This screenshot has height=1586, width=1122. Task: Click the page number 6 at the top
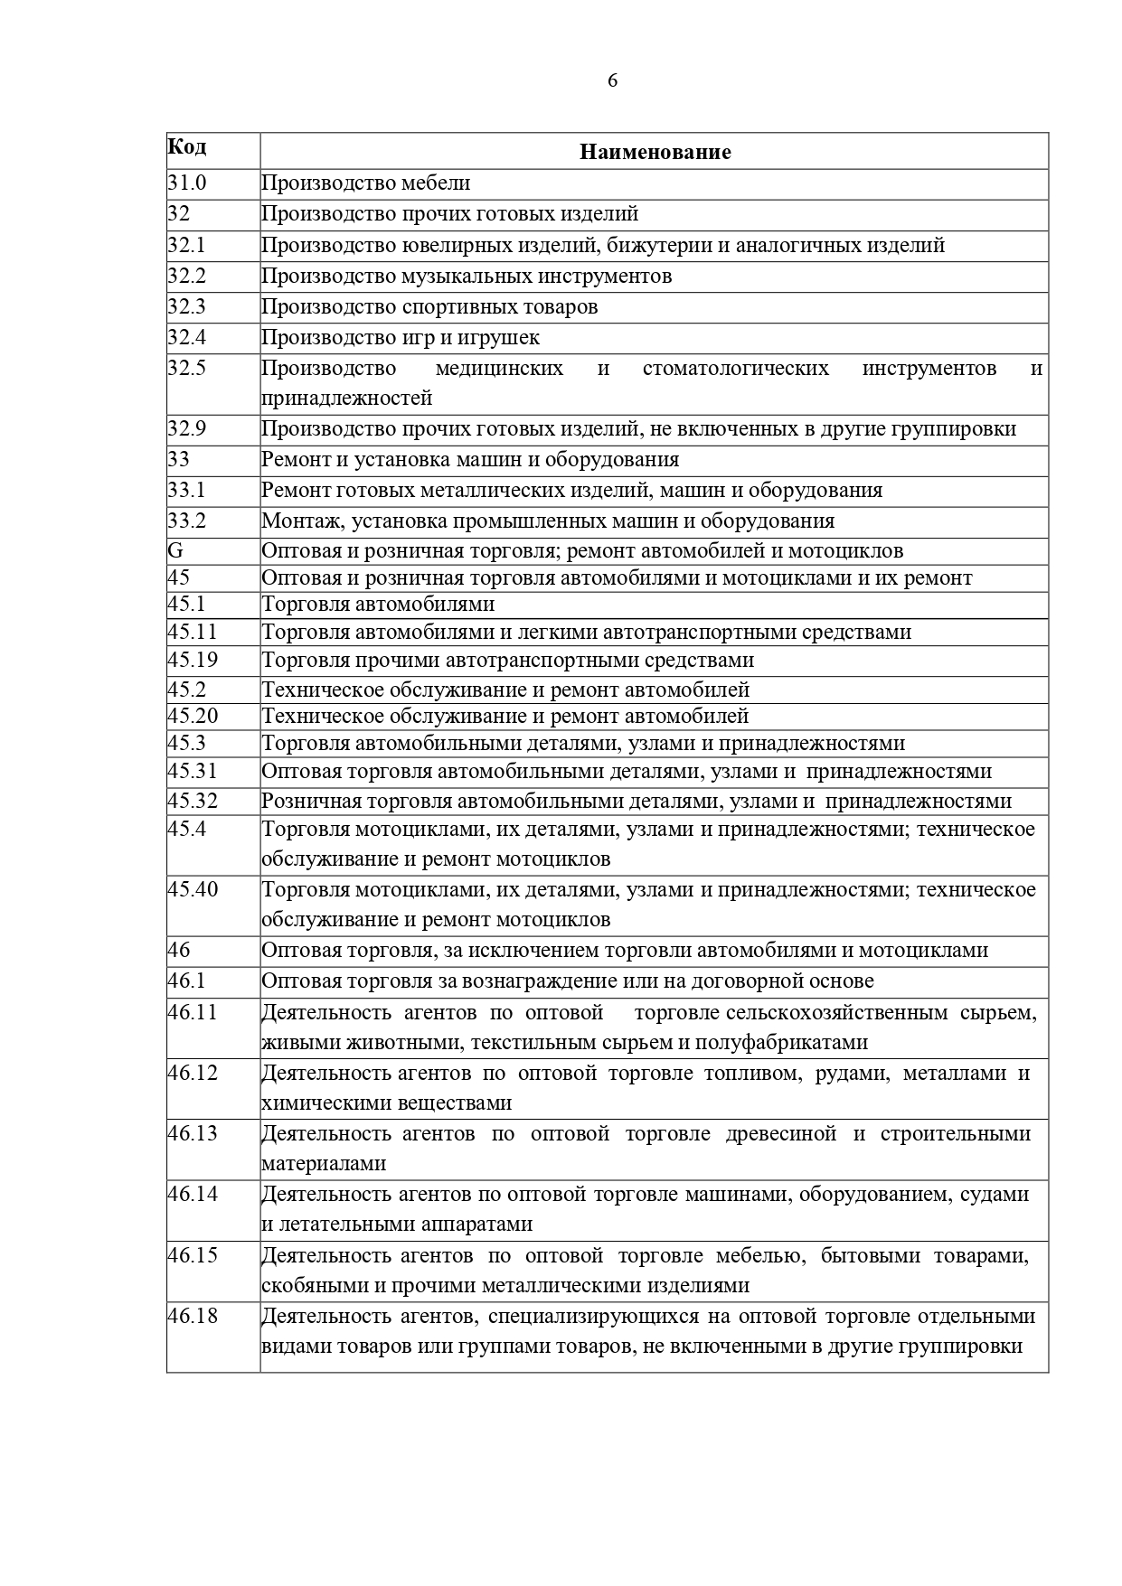coord(612,80)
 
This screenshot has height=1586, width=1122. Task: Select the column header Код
coord(187,146)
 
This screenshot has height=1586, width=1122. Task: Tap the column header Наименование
coord(655,152)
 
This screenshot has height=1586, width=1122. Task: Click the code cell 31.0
coord(187,183)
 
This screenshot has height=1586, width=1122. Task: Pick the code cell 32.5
coord(187,368)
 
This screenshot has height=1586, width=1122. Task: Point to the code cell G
coord(175,550)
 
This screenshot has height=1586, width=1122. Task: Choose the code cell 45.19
coord(193,660)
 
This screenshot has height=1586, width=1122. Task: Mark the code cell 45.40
coord(193,888)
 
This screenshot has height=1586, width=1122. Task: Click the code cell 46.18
coord(193,1315)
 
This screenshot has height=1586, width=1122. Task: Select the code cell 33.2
coord(187,521)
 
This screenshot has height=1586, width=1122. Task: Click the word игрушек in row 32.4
coord(501,337)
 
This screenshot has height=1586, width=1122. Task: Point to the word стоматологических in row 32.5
coord(735,368)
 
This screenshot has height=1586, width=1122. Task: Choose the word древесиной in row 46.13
coord(781,1133)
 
